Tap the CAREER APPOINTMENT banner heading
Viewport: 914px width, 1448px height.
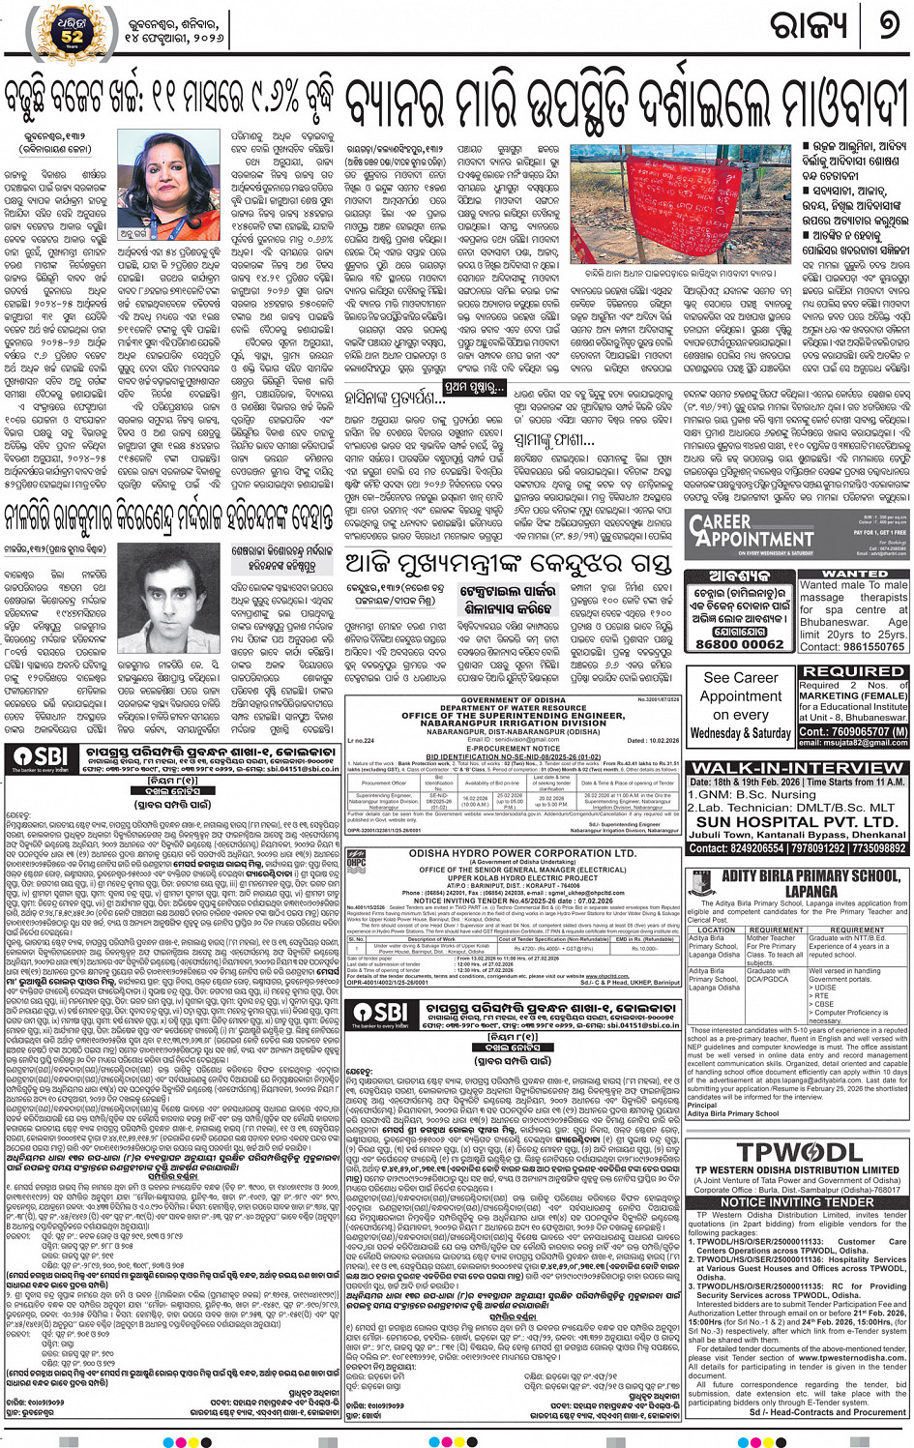coord(752,532)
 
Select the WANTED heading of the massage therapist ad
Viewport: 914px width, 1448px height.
coord(854,574)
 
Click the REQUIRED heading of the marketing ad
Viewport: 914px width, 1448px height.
coord(853,670)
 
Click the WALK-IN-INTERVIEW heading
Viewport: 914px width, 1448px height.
coord(796,768)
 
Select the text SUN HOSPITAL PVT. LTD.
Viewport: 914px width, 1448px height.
coord(796,821)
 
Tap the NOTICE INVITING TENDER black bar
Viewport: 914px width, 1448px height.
coord(797,1201)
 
